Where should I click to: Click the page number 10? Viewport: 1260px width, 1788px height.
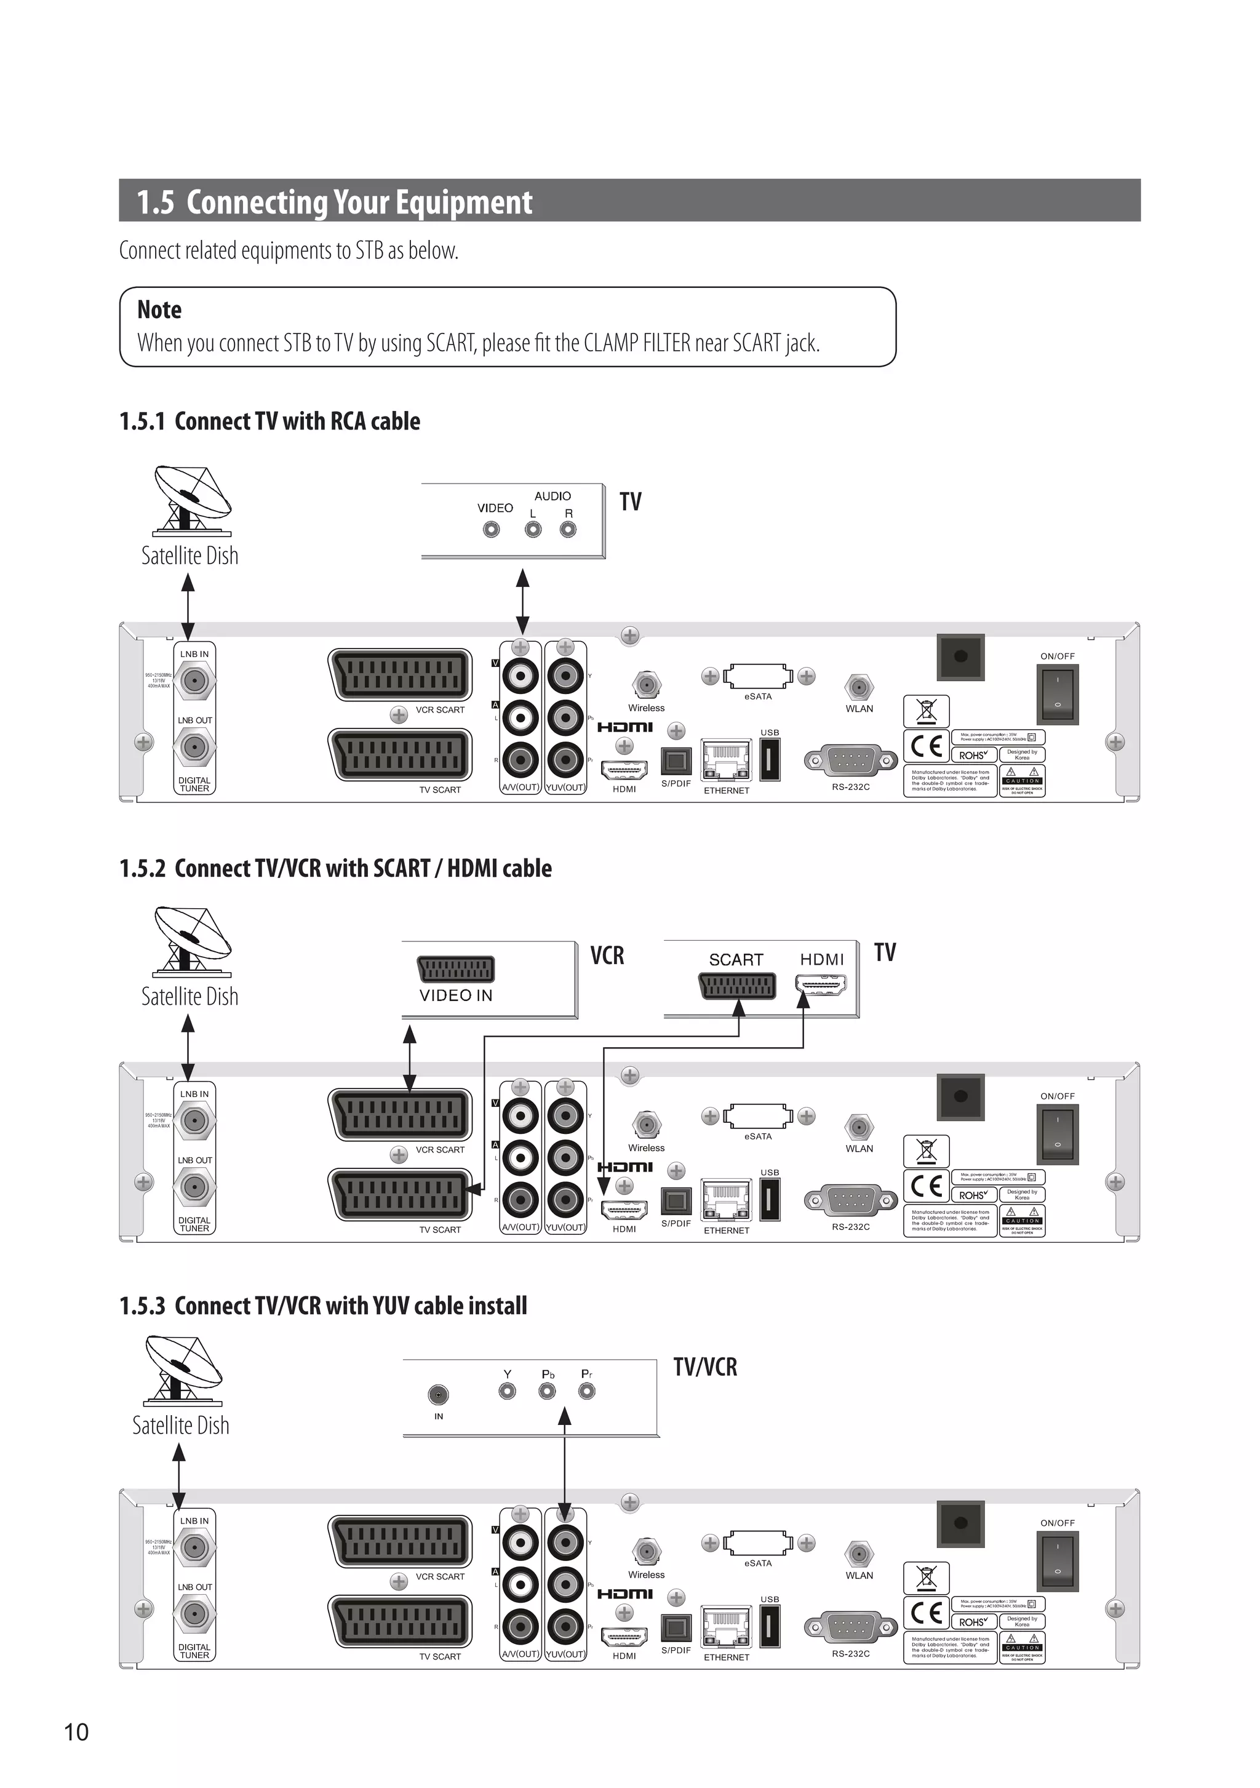point(76,1732)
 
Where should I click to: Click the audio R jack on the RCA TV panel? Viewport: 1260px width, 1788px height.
point(568,530)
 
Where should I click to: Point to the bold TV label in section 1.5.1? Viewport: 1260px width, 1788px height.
point(630,501)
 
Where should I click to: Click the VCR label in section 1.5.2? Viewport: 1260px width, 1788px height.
point(607,956)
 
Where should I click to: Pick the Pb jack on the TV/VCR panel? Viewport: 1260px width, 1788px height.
point(548,1391)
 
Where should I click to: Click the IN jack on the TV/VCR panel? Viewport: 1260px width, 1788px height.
point(439,1395)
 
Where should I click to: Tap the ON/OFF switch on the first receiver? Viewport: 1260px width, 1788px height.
point(1057,693)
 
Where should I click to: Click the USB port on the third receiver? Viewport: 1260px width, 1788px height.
point(770,1627)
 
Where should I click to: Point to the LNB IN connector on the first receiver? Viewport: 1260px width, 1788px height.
point(194,681)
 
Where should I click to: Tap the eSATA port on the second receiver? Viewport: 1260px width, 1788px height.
point(758,1116)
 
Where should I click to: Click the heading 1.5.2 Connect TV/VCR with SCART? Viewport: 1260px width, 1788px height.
point(335,868)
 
